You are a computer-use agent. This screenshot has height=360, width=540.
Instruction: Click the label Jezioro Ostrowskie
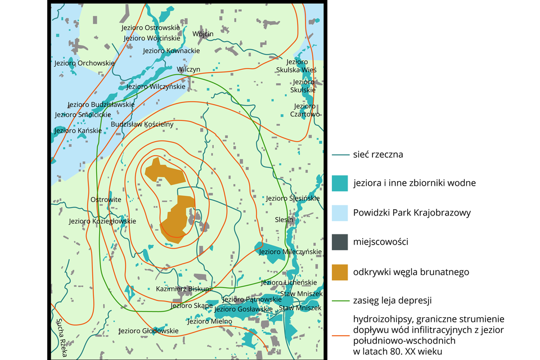tap(150, 28)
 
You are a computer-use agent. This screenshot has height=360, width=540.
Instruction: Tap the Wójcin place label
tap(202, 34)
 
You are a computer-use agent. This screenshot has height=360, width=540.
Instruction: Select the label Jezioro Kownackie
tap(171, 51)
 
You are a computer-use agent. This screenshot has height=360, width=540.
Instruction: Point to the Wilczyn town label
tap(188, 69)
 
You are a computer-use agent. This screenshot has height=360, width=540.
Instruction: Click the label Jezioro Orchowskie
tap(84, 63)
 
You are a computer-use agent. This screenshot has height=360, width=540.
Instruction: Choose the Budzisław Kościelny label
tap(142, 124)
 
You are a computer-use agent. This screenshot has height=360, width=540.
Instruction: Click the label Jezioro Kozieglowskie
tap(102, 221)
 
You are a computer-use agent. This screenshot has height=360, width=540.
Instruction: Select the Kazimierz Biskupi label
tap(183, 289)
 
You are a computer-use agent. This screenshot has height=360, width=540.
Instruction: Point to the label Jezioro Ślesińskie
tap(292, 199)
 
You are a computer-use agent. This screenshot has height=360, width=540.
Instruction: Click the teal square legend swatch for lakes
tap(340, 183)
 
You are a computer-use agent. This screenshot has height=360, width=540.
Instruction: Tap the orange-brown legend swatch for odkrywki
tap(340, 272)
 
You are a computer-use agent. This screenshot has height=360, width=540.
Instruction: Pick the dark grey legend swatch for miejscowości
tap(340, 242)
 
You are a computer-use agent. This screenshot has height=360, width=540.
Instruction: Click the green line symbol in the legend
tap(340, 299)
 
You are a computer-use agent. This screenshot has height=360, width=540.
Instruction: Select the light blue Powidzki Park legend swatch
tap(340, 213)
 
